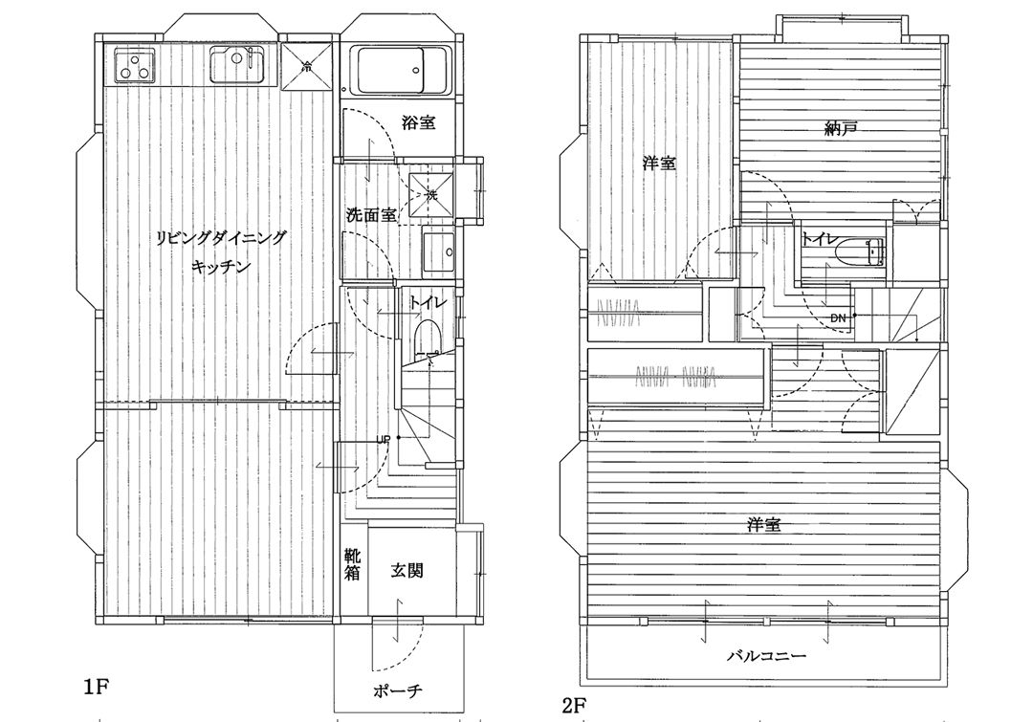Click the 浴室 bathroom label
[x=419, y=122]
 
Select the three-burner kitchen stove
[x=136, y=65]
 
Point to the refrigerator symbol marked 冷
[x=306, y=66]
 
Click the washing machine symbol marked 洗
[x=430, y=195]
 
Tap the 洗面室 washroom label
[x=371, y=215]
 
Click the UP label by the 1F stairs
[x=384, y=439]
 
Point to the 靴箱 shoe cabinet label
[x=352, y=564]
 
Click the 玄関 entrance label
[x=407, y=571]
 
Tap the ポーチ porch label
[x=397, y=690]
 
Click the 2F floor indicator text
[x=575, y=706]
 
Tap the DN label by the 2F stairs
[x=838, y=318]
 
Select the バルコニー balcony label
[x=767, y=656]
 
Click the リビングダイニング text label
[x=222, y=237]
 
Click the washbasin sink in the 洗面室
[x=438, y=252]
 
